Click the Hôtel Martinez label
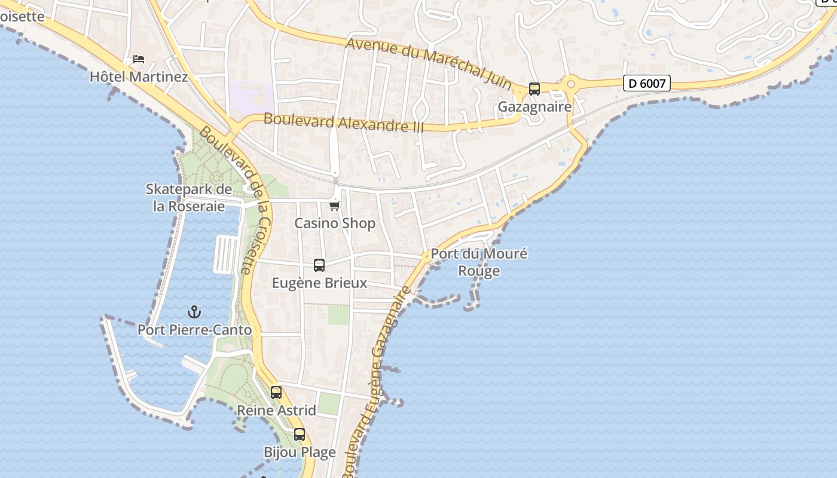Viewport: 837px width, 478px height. [x=139, y=77]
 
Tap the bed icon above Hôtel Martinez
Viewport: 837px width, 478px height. [x=139, y=59]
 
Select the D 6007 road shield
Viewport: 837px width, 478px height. [x=646, y=83]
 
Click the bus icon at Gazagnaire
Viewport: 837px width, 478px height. [x=534, y=89]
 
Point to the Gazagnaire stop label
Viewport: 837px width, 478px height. [x=534, y=107]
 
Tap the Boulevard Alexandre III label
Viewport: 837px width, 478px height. [x=344, y=122]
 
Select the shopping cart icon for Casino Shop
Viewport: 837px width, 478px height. [x=334, y=206]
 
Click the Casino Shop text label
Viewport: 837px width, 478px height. [x=335, y=223]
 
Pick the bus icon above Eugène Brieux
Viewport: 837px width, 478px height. [x=319, y=265]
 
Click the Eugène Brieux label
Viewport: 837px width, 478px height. [x=319, y=283]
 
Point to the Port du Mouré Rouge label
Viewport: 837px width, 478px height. [x=479, y=262]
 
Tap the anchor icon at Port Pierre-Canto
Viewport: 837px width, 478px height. [x=194, y=312]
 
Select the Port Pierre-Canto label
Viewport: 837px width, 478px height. [x=194, y=330]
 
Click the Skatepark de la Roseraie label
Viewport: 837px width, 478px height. [x=189, y=198]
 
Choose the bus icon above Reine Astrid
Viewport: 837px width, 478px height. [x=276, y=393]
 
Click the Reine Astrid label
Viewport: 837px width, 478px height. [x=276, y=410]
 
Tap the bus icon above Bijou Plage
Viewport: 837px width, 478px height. [x=300, y=434]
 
